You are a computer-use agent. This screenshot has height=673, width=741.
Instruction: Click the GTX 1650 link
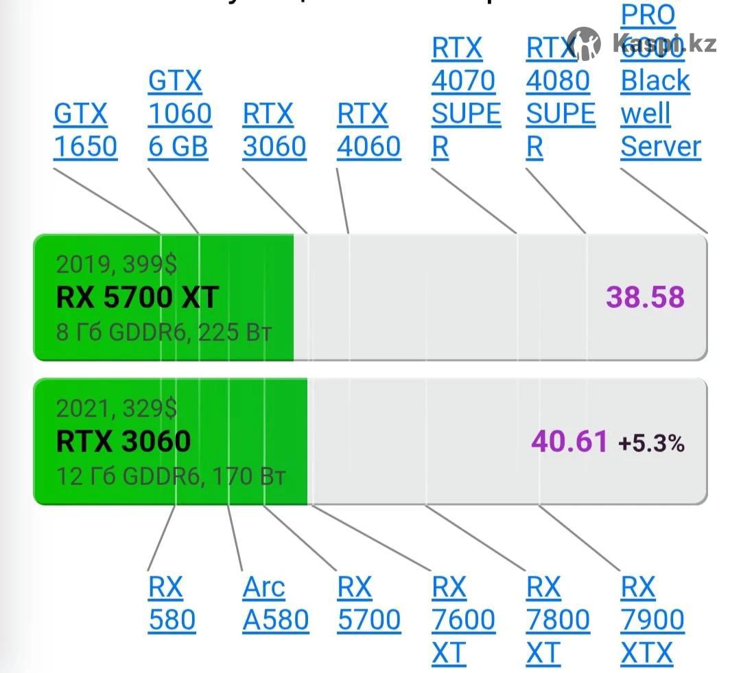85,130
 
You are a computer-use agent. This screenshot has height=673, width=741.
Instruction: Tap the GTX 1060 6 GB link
179,114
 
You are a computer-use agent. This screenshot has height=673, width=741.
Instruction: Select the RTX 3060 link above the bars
274,130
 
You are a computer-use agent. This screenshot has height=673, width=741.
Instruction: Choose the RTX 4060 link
368,130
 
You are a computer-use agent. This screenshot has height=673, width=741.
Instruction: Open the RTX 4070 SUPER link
466,97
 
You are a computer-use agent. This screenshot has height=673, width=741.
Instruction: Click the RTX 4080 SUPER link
560,97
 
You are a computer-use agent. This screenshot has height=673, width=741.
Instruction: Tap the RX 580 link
172,604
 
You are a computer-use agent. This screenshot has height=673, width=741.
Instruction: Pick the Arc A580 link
275,604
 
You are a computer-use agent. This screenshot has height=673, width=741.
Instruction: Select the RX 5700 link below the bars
368,604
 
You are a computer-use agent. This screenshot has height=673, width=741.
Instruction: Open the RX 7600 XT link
462,620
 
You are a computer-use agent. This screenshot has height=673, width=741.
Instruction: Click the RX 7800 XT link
557,620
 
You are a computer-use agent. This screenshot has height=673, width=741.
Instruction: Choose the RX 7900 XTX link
652,620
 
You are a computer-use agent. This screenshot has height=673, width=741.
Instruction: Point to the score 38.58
645,297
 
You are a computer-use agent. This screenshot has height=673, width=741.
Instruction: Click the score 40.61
569,441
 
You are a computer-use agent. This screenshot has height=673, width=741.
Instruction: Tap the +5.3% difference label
651,443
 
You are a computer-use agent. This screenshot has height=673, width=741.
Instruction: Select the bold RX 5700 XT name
137,297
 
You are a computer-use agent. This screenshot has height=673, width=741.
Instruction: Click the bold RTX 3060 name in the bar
123,440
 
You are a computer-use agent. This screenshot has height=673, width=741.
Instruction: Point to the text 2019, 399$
116,264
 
